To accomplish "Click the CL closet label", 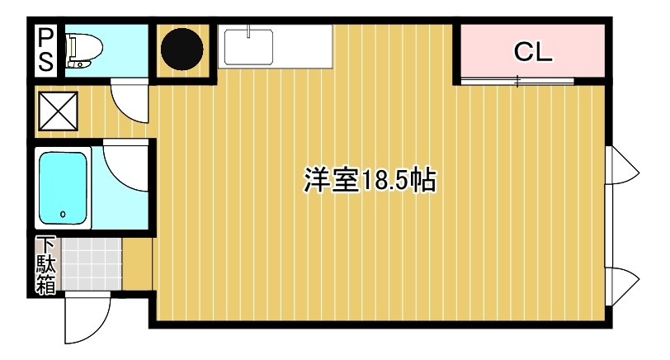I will tap(532, 53).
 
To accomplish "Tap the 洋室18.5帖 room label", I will tap(370, 180).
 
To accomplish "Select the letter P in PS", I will tap(46, 39).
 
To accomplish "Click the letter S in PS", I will tap(46, 61).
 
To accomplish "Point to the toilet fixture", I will tap(81, 50).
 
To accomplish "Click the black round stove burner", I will tap(182, 50).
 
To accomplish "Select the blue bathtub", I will tap(64, 189).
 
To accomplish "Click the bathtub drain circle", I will tap(64, 215).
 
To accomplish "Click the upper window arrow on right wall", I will tap(623, 168).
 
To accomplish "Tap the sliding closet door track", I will tap(517, 80).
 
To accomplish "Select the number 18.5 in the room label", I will tap(383, 180).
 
